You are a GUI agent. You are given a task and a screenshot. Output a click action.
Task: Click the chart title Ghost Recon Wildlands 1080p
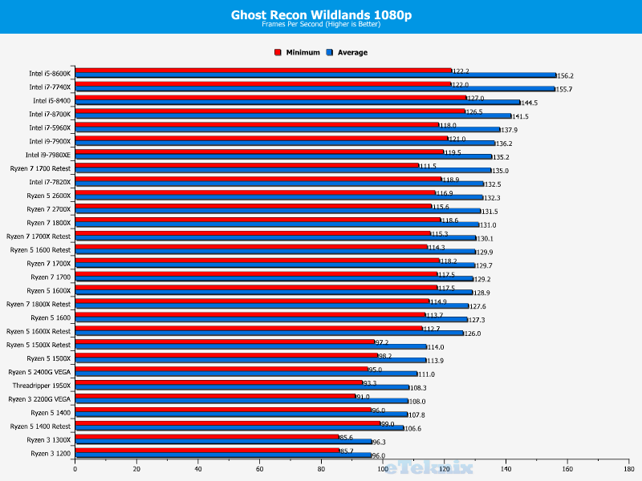320,14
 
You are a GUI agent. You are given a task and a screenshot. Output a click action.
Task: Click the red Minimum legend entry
298,53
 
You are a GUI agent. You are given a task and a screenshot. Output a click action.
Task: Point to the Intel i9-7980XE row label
48,155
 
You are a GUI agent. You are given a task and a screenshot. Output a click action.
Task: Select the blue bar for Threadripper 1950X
242,388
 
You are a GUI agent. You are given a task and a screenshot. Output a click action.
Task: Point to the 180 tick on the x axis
628,469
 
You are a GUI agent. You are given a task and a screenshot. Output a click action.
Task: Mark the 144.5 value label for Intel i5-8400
529,103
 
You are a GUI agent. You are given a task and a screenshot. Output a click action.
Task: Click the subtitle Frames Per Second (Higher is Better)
320,24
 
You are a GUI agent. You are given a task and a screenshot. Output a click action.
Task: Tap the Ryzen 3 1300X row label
51,439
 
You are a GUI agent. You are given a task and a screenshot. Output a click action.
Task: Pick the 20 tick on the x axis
136,469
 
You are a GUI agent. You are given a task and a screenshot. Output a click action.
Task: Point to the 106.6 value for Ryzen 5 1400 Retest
413,429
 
